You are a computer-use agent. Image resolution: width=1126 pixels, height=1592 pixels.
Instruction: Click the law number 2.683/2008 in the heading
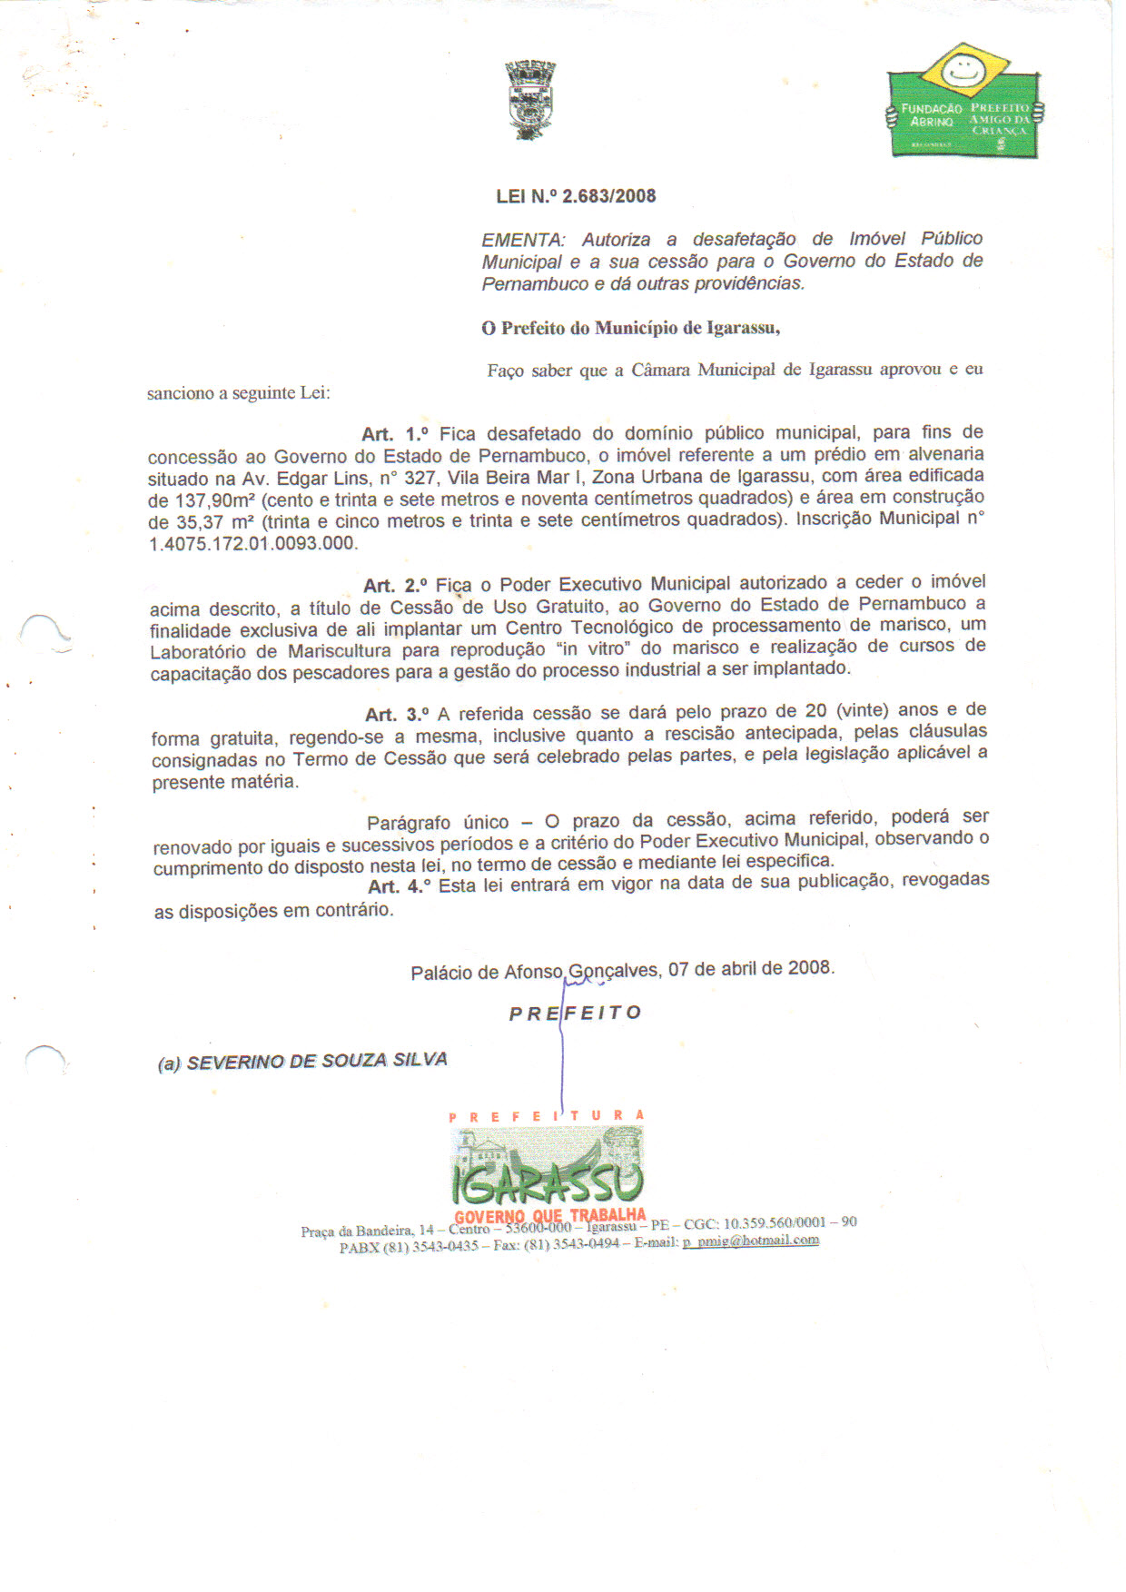click(x=608, y=196)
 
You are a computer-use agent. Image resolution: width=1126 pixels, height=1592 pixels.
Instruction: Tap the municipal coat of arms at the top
click(x=530, y=100)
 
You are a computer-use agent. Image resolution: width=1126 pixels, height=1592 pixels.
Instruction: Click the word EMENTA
click(x=522, y=241)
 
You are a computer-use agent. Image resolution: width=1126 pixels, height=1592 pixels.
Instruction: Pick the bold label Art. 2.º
click(x=396, y=586)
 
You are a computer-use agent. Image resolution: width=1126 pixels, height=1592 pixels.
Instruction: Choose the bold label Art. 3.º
click(x=397, y=715)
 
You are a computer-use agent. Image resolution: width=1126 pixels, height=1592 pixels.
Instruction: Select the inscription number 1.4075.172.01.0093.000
click(x=252, y=544)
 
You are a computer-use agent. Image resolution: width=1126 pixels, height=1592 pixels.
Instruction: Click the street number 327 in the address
click(x=420, y=478)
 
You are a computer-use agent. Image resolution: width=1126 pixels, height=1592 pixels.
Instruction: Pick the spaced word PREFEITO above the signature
click(x=576, y=1014)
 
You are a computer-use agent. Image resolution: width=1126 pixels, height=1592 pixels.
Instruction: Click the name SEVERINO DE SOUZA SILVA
click(x=317, y=1061)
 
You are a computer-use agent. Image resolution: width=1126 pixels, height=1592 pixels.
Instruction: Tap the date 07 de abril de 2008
click(x=751, y=968)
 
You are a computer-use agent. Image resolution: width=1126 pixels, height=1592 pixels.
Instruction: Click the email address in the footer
click(x=751, y=1241)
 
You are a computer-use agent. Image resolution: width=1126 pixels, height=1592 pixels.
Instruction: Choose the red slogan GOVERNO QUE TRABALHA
click(x=550, y=1216)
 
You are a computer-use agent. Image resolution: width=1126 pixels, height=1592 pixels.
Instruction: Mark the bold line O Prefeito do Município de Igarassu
click(x=630, y=328)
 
